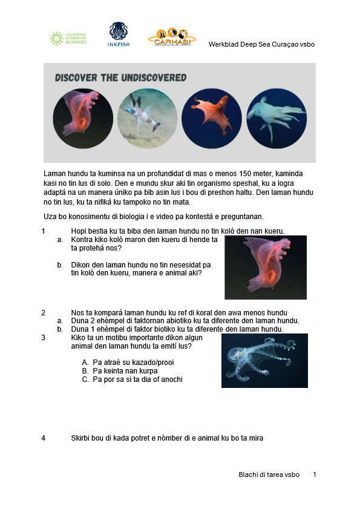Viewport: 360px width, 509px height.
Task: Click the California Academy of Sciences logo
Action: click(67, 39)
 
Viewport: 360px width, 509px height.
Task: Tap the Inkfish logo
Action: click(118, 34)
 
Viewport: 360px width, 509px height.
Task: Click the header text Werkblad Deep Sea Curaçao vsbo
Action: click(261, 44)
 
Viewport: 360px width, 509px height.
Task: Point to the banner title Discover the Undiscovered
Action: click(120, 78)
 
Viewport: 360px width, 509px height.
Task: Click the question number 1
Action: click(44, 231)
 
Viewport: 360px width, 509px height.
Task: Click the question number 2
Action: click(44, 312)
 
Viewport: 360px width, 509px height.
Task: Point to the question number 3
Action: click(44, 338)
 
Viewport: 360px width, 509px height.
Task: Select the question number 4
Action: click(44, 438)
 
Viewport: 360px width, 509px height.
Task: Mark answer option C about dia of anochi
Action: click(137, 379)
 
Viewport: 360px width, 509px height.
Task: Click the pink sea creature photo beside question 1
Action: click(265, 268)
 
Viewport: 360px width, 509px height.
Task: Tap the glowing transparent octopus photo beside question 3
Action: click(264, 360)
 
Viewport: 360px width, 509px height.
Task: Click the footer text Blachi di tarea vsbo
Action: click(269, 475)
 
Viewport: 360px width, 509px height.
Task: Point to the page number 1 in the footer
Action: click(315, 475)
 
